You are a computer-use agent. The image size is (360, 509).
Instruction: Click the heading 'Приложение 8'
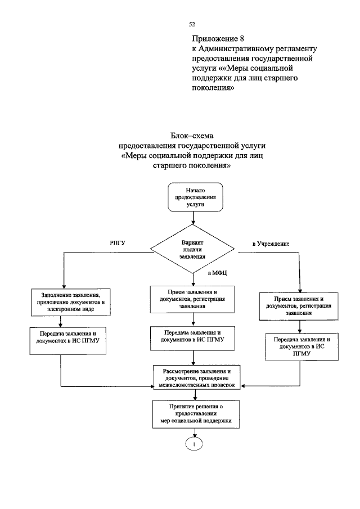218,39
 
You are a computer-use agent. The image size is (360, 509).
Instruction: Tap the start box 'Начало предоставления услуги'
192,198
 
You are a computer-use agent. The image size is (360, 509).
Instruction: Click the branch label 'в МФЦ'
217,273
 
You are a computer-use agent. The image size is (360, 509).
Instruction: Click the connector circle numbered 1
193,444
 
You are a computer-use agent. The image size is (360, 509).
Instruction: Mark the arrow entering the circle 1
193,433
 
